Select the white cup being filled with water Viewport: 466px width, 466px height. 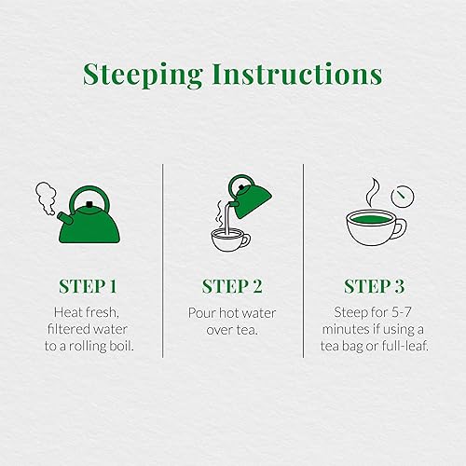(228, 240)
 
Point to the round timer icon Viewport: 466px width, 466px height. (403, 195)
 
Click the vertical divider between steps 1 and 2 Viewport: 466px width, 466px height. (163, 261)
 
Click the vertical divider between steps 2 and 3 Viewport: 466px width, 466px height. (303, 261)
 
